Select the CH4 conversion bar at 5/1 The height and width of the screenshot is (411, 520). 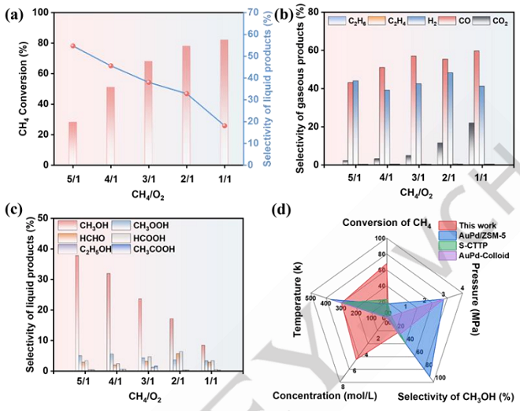tap(73, 143)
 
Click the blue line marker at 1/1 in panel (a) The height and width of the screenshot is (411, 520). tap(225, 125)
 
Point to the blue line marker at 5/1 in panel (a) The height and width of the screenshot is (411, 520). tap(73, 46)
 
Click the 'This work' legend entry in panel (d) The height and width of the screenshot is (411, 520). tap(450, 224)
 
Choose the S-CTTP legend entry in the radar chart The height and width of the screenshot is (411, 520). tap(450, 244)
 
